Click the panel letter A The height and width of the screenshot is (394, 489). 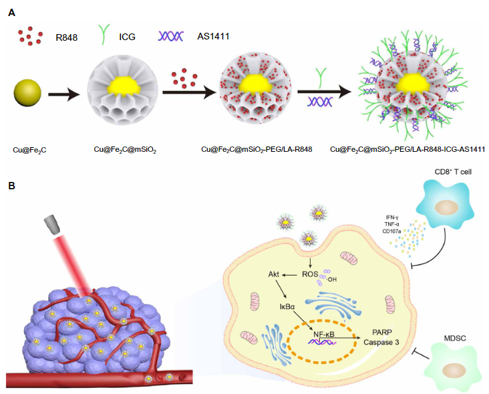pos(12,13)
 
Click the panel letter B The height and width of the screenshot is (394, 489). pos(11,186)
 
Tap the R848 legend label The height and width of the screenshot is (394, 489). pos(66,37)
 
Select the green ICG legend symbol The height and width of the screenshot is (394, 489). pos(104,34)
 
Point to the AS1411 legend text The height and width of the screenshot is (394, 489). pos(213,37)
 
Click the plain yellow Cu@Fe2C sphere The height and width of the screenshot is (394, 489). pos(27,93)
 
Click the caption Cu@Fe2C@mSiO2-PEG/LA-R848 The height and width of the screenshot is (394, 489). pos(257,150)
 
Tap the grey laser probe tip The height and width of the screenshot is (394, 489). pos(51,224)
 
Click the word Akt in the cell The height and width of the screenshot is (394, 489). pos(274,274)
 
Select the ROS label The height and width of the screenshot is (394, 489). pos(310,274)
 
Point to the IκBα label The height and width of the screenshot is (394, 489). pos(287,306)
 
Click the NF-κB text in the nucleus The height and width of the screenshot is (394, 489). pos(324,334)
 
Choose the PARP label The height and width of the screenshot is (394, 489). pos(382,332)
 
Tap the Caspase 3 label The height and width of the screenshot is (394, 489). pos(381,342)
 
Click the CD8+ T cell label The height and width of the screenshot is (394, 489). pos(453,172)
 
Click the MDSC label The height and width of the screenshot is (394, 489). pos(455,338)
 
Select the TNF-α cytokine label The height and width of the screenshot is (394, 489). pos(392,224)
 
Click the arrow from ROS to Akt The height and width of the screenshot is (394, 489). pos(289,275)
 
